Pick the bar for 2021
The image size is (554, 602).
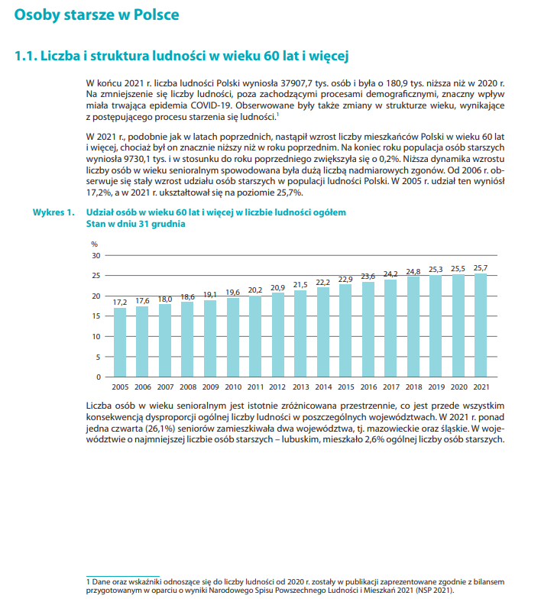click(x=480, y=325)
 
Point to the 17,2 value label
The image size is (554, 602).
click(x=120, y=302)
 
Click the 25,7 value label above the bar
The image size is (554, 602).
click(x=480, y=267)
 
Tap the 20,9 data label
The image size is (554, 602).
click(x=277, y=286)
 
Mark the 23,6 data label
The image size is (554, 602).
click(x=368, y=276)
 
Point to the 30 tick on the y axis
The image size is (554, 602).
click(x=96, y=255)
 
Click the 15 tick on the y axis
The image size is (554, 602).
click(x=96, y=316)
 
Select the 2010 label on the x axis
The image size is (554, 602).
click(x=232, y=387)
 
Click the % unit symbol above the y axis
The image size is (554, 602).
click(x=95, y=243)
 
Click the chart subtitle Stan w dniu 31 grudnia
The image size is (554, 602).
click(x=135, y=225)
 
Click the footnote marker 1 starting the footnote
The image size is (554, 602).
click(x=88, y=582)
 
